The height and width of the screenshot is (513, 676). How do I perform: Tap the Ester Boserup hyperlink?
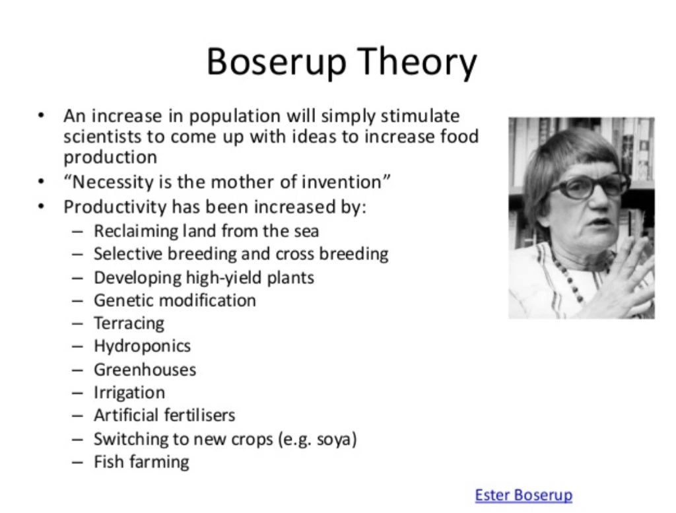tap(524, 495)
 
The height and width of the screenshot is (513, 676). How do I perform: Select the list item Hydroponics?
tap(142, 346)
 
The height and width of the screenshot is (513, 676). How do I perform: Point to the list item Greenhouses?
tap(145, 369)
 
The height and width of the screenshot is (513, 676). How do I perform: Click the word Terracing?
tap(129, 324)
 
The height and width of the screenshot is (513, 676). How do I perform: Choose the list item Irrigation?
tap(129, 392)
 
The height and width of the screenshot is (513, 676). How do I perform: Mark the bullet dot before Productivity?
tap(42, 207)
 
